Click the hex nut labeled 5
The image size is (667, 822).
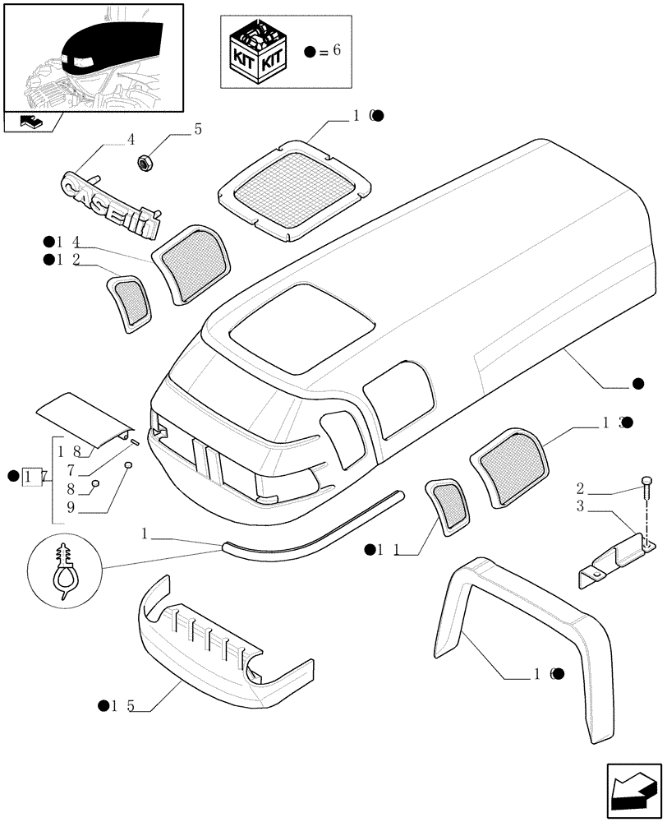[x=145, y=164]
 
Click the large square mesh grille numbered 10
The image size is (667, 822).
[x=291, y=189]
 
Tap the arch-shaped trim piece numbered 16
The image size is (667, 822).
[x=526, y=633]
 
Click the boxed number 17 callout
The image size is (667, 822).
[x=33, y=476]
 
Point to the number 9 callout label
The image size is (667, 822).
[x=71, y=509]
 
